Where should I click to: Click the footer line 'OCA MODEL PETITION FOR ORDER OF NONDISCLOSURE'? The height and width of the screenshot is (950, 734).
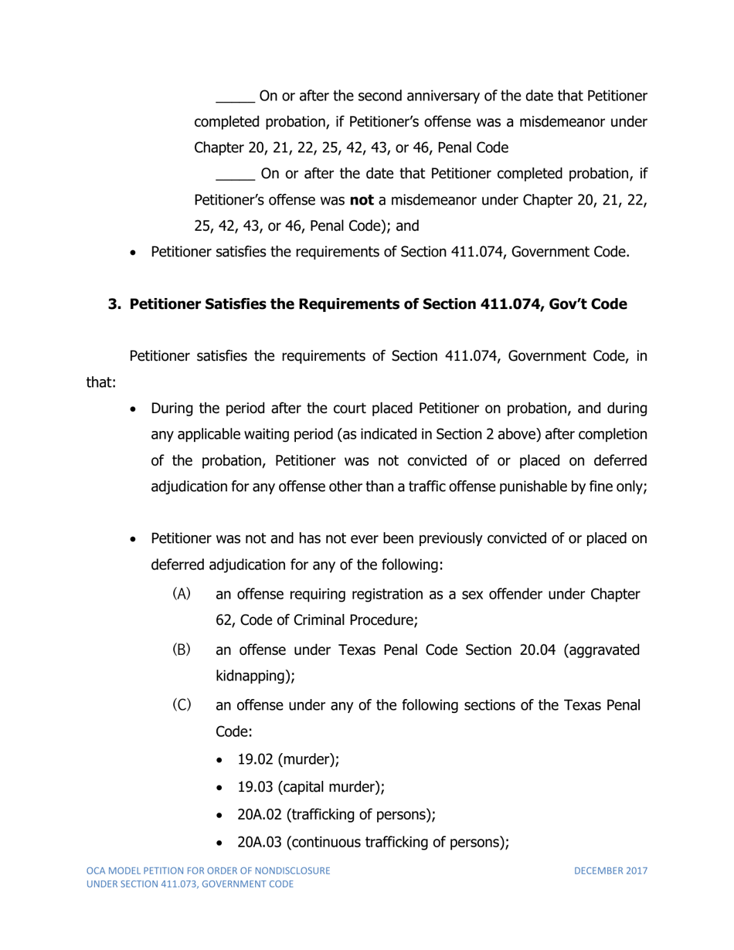click(x=209, y=871)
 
